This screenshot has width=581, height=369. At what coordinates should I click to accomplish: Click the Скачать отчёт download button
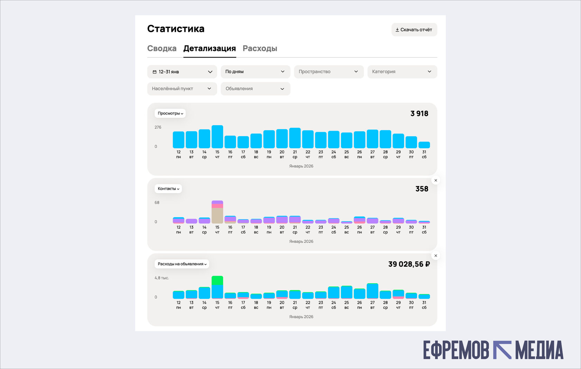point(414,30)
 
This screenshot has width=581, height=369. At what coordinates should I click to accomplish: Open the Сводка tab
point(162,49)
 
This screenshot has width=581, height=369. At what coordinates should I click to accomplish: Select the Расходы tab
point(260,49)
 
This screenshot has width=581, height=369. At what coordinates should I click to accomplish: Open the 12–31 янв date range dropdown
point(182,72)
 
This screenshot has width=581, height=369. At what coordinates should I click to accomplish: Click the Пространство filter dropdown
point(329,72)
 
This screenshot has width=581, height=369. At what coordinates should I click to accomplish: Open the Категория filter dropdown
point(402,72)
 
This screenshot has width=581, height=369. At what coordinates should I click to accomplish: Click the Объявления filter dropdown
point(255,89)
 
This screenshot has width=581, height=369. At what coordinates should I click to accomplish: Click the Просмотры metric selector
point(170,113)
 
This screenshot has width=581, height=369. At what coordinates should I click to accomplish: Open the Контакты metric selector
point(168,189)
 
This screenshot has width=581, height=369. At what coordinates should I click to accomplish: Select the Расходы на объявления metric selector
point(182,264)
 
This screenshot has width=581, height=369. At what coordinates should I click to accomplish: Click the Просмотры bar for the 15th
point(217,137)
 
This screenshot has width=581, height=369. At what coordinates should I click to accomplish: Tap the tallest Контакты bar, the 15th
point(217,212)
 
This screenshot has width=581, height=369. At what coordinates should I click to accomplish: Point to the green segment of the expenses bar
point(217,280)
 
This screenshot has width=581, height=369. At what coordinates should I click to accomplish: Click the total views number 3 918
point(419,114)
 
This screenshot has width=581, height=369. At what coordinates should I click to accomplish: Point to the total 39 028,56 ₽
point(409,264)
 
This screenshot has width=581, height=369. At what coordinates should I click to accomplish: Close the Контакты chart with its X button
point(436,181)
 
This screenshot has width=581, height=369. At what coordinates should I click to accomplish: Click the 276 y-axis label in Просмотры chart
point(158,128)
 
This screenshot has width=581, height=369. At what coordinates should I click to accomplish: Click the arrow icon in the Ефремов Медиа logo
point(502,350)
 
